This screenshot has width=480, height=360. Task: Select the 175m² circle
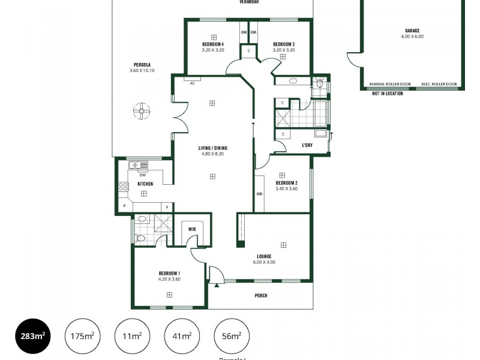(82, 336)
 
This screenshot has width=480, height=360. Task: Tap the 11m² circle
(132, 336)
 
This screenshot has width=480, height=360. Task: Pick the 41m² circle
(182, 336)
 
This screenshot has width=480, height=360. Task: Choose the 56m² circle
(232, 336)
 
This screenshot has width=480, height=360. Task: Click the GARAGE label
(412, 30)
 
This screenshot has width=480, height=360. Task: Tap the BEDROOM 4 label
(213, 44)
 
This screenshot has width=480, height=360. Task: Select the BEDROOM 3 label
(283, 44)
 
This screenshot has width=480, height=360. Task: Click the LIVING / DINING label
(213, 148)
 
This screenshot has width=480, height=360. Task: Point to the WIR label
(192, 229)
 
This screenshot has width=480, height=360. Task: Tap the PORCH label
(261, 296)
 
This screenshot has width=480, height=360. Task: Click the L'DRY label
(306, 145)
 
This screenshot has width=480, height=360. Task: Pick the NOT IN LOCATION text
(388, 94)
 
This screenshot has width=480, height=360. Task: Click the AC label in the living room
(193, 83)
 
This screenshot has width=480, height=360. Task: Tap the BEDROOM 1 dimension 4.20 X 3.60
(169, 278)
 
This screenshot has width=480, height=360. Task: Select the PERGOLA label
(142, 65)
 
